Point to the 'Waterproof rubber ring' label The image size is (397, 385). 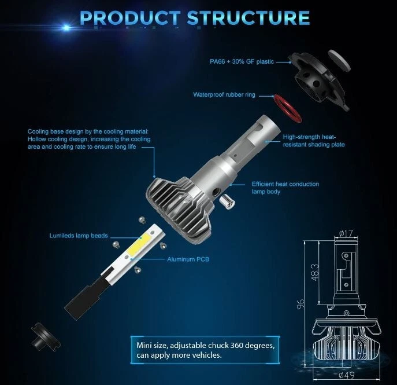(224, 94)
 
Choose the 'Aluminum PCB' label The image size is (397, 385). (187, 259)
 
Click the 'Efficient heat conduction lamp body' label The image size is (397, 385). (285, 188)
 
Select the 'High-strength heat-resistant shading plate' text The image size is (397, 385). (314, 141)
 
